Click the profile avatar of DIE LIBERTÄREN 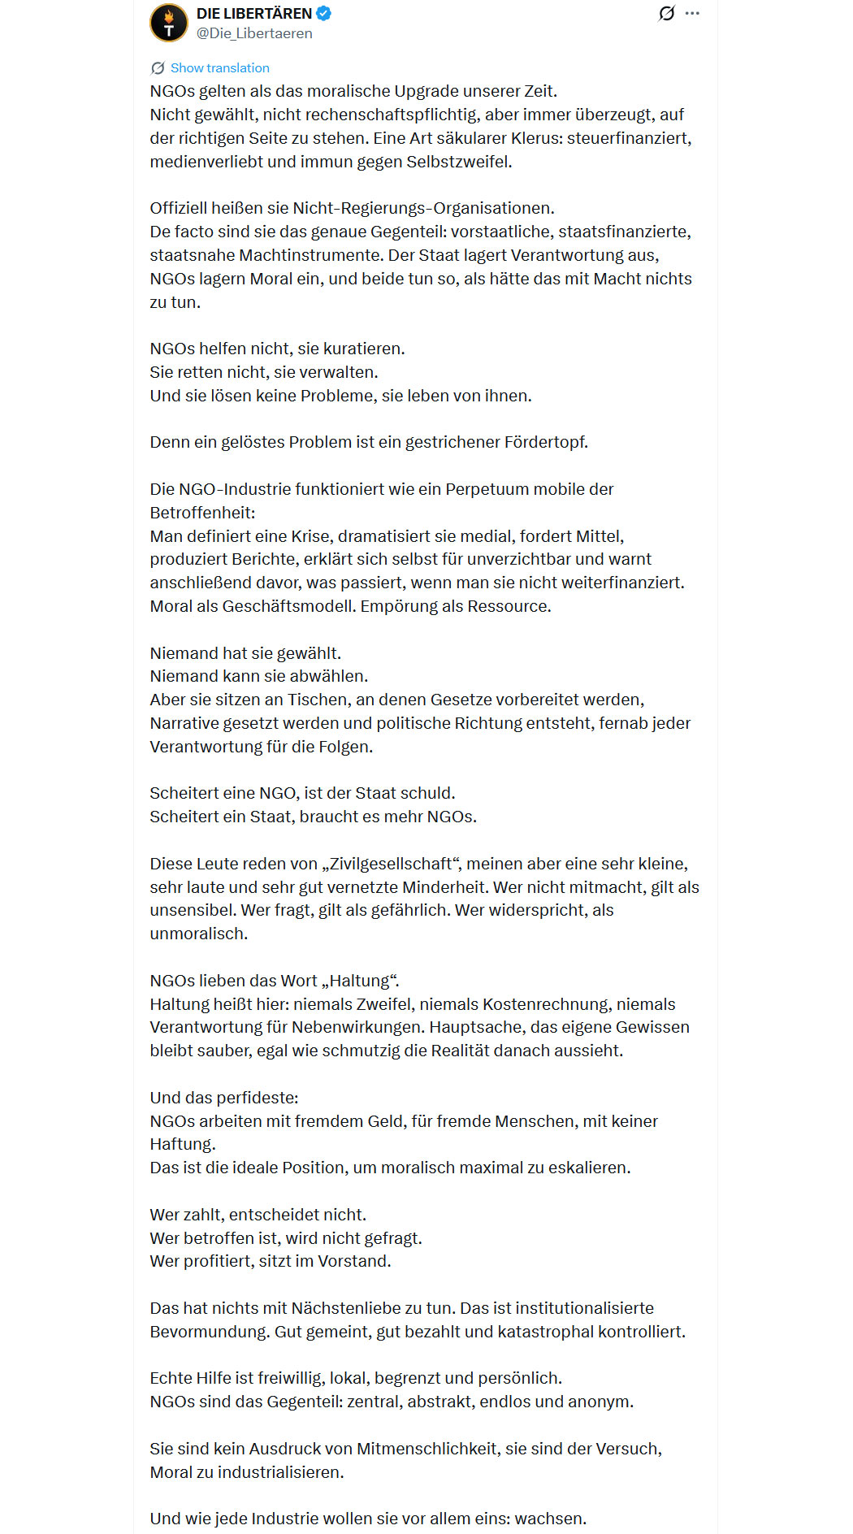coord(169,23)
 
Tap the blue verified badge coord(323,14)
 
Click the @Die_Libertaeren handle coord(254,33)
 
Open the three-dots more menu coord(692,14)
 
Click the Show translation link coord(219,68)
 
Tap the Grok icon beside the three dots coord(666,14)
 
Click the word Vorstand coord(353,1261)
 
